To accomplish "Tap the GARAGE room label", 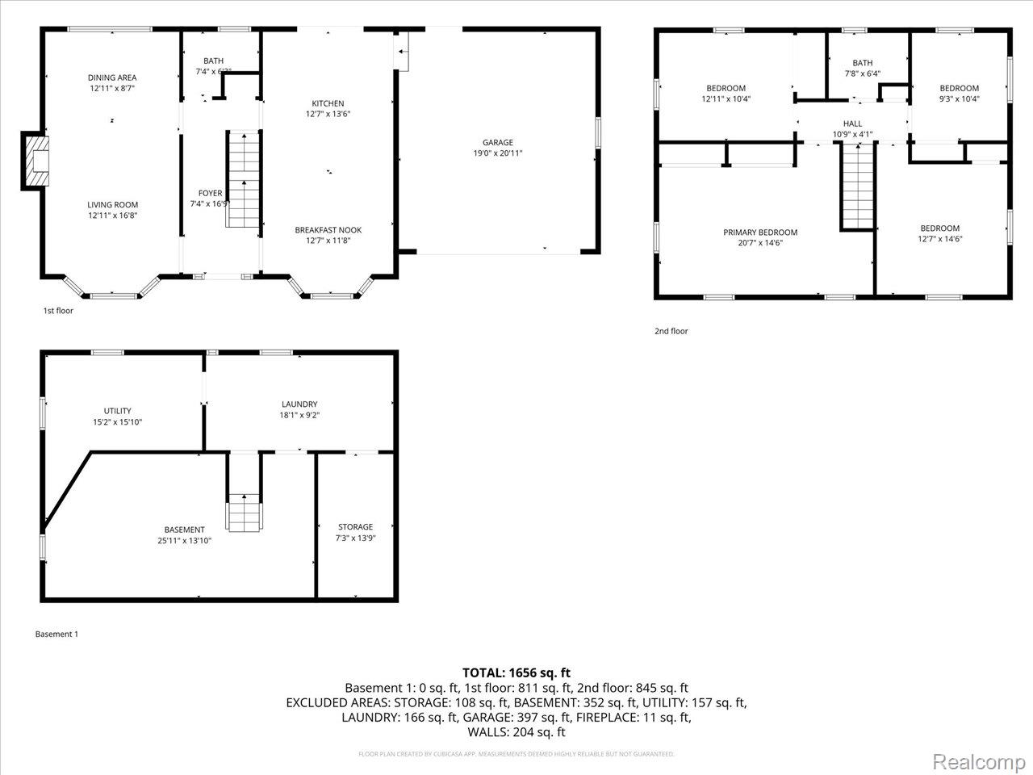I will [x=498, y=143].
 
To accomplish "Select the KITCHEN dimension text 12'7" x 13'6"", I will [x=328, y=114].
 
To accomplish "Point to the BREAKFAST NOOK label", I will [x=328, y=230].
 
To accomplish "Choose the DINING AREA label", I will [x=112, y=77].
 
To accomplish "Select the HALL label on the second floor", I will [x=852, y=124].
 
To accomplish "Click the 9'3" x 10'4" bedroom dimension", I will [x=960, y=99].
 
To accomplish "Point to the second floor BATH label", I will [x=862, y=63].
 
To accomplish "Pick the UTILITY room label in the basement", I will [x=117, y=411].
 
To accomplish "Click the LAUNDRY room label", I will [x=299, y=404].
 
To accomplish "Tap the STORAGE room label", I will [x=355, y=527].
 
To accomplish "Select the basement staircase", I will [x=244, y=512].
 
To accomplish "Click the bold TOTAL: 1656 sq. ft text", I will [x=516, y=672].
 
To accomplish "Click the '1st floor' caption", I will [x=58, y=311].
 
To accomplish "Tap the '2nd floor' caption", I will [x=671, y=331].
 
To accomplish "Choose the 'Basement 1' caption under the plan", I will [x=56, y=635].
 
